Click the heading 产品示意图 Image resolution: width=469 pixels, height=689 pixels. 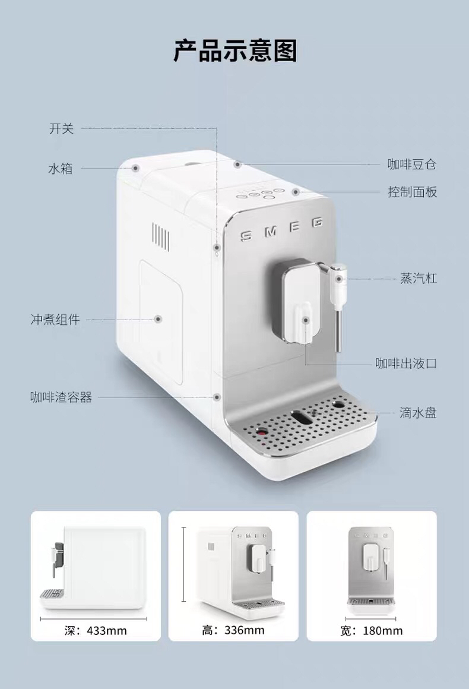[x=235, y=51]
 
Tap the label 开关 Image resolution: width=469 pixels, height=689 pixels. [x=61, y=128]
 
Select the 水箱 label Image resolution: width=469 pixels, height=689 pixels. [x=60, y=169]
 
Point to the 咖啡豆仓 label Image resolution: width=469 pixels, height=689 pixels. [x=412, y=165]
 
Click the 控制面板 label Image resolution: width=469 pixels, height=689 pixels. [x=412, y=192]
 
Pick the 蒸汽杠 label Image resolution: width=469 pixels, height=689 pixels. [x=419, y=278]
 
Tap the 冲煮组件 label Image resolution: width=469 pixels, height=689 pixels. [x=55, y=320]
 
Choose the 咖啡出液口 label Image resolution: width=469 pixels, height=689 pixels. [x=406, y=363]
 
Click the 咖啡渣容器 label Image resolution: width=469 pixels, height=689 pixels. [x=61, y=397]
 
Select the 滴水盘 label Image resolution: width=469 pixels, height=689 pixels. [x=418, y=412]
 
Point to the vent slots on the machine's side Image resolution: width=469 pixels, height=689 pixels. [x=160, y=235]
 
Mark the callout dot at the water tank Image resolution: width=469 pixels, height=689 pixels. [x=136, y=168]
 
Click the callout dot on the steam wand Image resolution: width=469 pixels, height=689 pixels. [x=339, y=278]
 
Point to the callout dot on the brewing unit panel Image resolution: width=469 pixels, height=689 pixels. [x=159, y=319]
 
